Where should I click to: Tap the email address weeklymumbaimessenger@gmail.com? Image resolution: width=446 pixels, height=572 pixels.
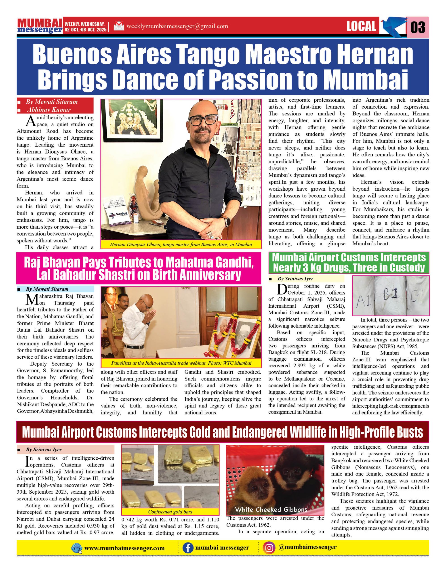177,26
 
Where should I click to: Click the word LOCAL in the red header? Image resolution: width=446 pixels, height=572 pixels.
361,26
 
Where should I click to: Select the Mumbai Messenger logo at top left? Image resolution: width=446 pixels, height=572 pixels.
40,26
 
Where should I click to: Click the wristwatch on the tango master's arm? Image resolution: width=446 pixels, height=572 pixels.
227,221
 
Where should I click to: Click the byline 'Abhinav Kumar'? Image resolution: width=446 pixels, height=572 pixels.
48,110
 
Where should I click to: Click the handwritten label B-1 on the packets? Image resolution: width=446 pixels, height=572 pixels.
391,295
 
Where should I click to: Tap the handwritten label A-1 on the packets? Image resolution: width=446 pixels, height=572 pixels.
364,302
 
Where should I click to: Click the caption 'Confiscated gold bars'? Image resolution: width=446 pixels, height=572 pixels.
170,511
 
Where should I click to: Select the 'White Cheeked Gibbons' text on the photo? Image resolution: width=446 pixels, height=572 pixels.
271,509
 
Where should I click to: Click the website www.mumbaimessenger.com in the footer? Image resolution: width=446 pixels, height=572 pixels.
124,548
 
